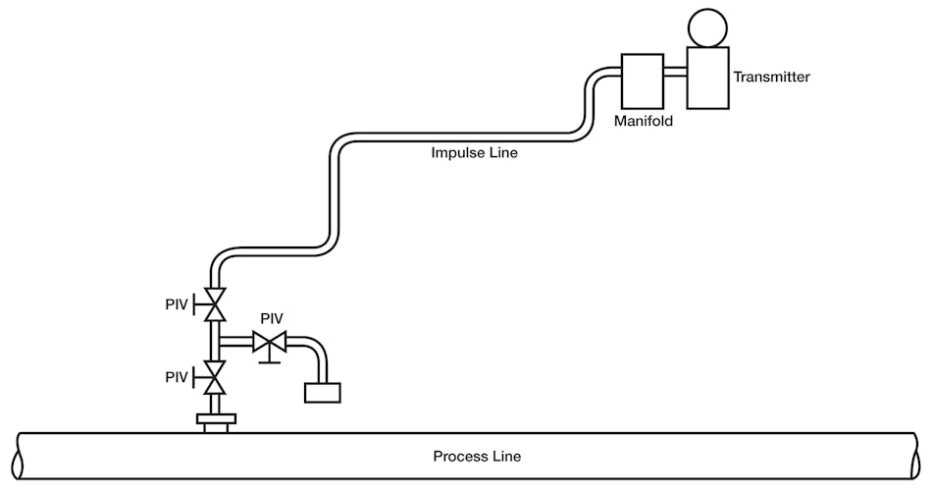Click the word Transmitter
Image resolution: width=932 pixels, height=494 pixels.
(x=771, y=77)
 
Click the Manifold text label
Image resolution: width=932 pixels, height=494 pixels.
(x=644, y=123)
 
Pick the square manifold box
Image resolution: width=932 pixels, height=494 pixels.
(x=643, y=81)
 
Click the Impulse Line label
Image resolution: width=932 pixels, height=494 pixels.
(x=474, y=152)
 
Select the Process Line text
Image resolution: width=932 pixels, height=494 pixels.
(x=477, y=457)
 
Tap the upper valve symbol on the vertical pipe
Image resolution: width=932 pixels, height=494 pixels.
(x=214, y=305)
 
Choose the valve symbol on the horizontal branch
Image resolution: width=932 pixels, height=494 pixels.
(x=268, y=342)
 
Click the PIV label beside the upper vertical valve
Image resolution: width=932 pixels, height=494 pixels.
(x=178, y=305)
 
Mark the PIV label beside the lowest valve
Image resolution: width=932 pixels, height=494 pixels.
(x=178, y=377)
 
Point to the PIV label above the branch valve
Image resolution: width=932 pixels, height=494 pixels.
(x=272, y=319)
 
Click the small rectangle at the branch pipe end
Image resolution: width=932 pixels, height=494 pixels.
(x=322, y=392)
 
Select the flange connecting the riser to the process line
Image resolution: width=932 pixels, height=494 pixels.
(x=215, y=420)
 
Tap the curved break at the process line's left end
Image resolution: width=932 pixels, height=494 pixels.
(x=16, y=457)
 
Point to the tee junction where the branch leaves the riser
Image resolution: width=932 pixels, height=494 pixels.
(x=215, y=342)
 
